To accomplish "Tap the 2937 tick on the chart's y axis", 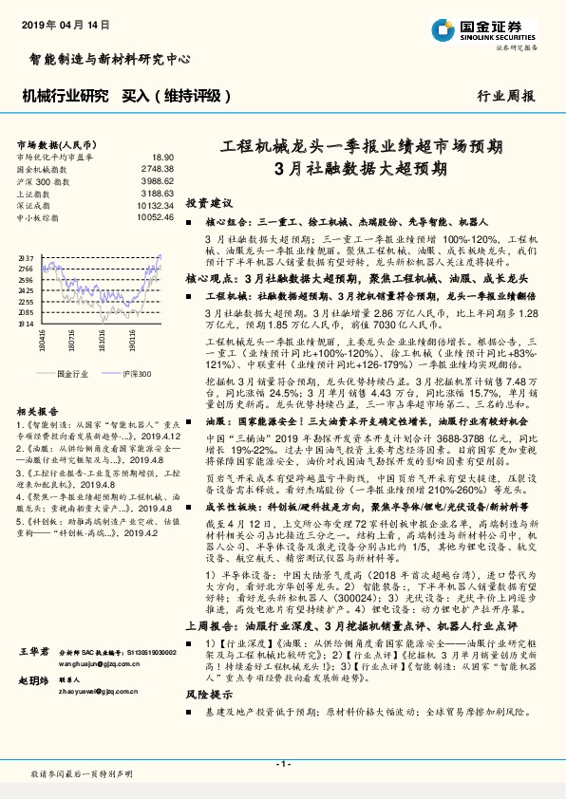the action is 26,258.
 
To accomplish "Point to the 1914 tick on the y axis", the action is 26,323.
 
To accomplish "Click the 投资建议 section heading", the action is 209,203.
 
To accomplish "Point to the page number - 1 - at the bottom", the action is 283,764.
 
